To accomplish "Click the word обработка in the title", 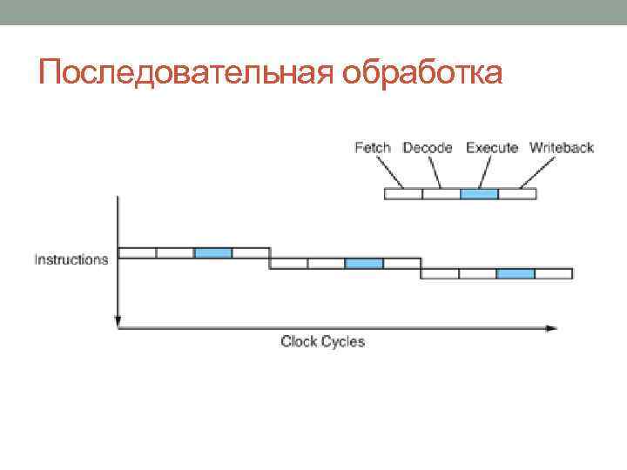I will (x=422, y=72).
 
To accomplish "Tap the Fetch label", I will (x=373, y=148).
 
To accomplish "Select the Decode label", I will (x=428, y=148).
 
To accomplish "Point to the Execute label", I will (x=492, y=148).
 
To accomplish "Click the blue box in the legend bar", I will (x=479, y=194).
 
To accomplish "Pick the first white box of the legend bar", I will (x=403, y=194).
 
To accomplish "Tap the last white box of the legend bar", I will (x=517, y=194).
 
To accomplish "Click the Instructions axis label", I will (x=71, y=259).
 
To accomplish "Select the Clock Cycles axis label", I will (x=322, y=342).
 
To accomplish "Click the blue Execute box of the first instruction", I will (x=213, y=252).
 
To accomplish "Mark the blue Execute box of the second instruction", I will (x=364, y=263).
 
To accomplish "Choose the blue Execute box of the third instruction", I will (x=516, y=273).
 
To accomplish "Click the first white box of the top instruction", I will (x=137, y=252).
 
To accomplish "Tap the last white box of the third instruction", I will (x=554, y=273).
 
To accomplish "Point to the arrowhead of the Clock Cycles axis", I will (x=551, y=328).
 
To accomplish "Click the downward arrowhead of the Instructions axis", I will (x=118, y=322).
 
